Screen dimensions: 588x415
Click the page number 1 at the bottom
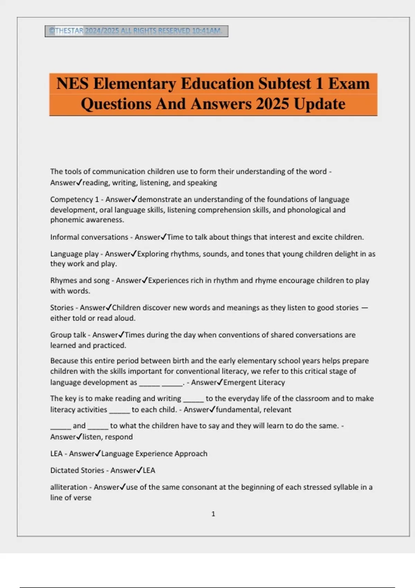tap(213, 514)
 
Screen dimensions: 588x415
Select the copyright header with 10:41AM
tap(136, 31)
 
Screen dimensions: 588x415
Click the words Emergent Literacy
tap(254, 382)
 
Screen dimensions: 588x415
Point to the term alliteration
tap(69, 487)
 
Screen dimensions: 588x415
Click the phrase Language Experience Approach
tap(154, 453)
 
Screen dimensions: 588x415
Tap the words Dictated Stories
tap(77, 470)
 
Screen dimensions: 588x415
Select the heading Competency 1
tap(74, 199)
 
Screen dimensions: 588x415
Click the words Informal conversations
tap(89, 237)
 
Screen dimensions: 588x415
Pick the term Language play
tap(74, 254)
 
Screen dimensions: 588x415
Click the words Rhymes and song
tap(80, 280)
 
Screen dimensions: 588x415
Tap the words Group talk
tap(68, 335)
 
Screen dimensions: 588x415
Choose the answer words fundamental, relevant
tap(253, 410)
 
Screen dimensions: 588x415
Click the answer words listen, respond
tap(108, 437)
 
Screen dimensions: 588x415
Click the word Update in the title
tap(320, 104)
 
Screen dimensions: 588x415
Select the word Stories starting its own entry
tap(62, 307)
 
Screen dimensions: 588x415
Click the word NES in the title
tap(72, 84)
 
